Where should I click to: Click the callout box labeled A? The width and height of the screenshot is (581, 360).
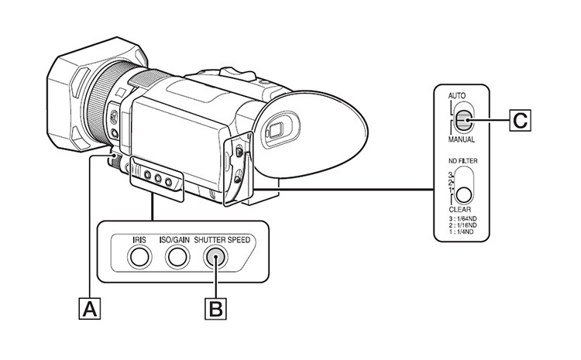[90, 310]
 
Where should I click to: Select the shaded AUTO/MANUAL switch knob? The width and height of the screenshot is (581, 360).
[463, 120]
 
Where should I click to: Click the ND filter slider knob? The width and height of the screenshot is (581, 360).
[463, 195]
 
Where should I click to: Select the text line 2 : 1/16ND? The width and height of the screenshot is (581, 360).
[466, 228]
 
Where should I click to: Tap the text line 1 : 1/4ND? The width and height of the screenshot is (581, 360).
[465, 236]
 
